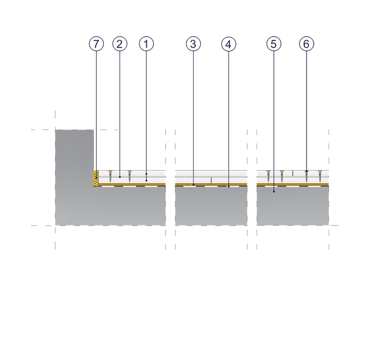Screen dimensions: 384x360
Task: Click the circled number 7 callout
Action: (96, 44)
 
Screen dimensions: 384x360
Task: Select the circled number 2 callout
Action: (120, 44)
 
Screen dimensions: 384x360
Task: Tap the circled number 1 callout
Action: (146, 44)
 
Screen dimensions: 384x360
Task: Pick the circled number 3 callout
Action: (194, 44)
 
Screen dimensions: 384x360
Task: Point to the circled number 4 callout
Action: (229, 44)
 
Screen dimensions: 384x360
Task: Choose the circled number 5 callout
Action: (274, 44)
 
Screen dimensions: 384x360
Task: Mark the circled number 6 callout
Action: (307, 44)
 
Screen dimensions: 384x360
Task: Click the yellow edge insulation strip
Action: (96, 178)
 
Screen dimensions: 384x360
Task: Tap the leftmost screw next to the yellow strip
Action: (110, 176)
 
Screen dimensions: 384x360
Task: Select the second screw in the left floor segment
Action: (130, 176)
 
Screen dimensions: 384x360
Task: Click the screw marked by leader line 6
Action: (307, 176)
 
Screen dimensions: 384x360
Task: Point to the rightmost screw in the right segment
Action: (320, 176)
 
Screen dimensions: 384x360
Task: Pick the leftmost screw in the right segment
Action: (268, 176)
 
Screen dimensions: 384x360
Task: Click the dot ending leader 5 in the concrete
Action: (274, 191)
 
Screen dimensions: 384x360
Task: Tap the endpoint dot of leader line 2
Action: (120, 177)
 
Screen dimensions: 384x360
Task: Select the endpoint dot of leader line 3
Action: (194, 185)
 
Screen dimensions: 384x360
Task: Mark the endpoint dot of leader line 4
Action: (229, 186)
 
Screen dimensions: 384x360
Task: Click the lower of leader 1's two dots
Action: (146, 180)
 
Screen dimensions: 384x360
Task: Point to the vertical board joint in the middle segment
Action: (211, 180)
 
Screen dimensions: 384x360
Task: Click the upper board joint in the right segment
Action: (293, 173)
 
